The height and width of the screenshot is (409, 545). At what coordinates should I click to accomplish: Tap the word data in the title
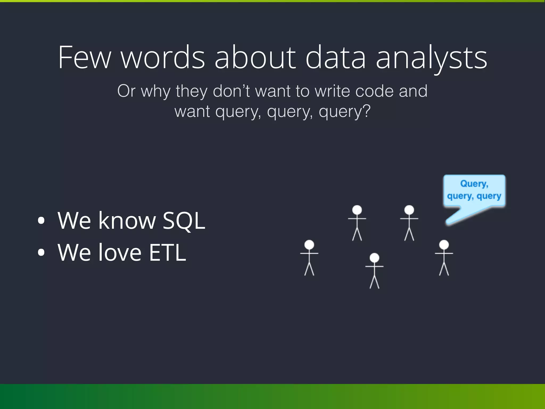[x=336, y=58]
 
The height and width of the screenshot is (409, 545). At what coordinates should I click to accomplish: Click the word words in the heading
[x=163, y=58]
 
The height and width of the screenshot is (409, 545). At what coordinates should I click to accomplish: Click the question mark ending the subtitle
[x=366, y=111]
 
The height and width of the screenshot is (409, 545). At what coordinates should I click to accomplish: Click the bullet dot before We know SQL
[x=41, y=220]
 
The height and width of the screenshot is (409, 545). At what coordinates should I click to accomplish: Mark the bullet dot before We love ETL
[x=41, y=252]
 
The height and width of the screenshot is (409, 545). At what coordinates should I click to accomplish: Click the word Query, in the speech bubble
[x=474, y=184]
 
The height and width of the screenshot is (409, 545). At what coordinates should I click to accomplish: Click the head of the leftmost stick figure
[x=309, y=244]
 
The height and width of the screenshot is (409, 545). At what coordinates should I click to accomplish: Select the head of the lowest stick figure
[x=374, y=257]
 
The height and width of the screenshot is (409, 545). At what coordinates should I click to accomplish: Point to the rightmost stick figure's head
[x=444, y=244]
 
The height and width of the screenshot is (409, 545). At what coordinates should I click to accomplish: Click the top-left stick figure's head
[x=357, y=210]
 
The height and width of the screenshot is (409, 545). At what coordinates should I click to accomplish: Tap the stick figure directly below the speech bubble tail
[x=444, y=257]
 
